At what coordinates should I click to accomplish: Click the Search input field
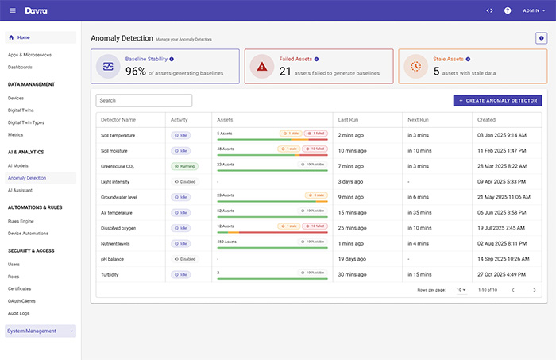[x=144, y=101]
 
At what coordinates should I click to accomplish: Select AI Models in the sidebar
[x=18, y=165]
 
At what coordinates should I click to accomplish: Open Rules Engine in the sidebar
[x=22, y=221]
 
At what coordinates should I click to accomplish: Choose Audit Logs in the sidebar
[x=20, y=313]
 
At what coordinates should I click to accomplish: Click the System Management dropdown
[x=41, y=331]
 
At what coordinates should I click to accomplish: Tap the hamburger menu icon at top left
[x=12, y=10]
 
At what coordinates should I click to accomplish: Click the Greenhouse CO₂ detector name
[x=118, y=166]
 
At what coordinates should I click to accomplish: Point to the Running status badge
[x=184, y=166]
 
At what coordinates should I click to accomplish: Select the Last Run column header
[x=348, y=119]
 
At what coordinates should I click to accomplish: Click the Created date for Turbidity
[x=502, y=273]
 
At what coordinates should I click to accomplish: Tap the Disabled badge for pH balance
[x=184, y=258]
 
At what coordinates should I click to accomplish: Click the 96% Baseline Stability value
[x=135, y=72]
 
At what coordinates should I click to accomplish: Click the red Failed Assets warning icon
[x=261, y=67]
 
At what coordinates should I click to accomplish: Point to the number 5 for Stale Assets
[x=436, y=72]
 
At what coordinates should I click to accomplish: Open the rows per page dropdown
[x=461, y=290]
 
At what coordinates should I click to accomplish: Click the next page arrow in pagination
[x=534, y=290]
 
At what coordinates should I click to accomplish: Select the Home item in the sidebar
[x=24, y=37]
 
